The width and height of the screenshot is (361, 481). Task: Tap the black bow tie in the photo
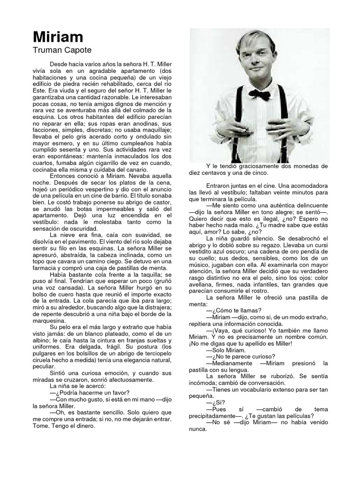259,95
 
